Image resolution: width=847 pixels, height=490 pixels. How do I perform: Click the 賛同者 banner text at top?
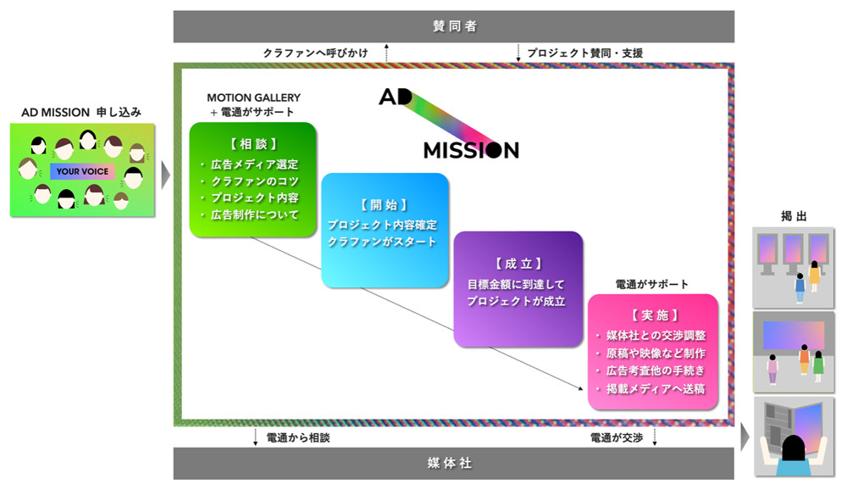454,26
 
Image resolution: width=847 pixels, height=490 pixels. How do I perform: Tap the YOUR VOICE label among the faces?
82,171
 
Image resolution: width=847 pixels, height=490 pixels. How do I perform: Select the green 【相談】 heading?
252,143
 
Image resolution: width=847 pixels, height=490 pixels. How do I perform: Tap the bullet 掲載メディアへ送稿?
655,389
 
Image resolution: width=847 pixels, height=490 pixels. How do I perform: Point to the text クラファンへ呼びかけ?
315,53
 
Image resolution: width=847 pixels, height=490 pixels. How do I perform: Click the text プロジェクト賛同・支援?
584,53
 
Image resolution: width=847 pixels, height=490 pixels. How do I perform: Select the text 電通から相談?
297,437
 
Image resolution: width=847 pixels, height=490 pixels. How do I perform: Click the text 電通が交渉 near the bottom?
617,437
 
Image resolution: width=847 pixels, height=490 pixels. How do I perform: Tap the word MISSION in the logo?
471,150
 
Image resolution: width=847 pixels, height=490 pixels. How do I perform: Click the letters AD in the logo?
394,97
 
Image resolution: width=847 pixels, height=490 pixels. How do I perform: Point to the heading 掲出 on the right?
794,217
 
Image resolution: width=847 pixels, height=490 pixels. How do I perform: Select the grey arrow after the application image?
164,175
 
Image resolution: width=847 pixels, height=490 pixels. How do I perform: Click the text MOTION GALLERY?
253,97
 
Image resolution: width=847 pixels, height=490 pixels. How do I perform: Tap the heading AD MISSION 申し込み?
81,111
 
